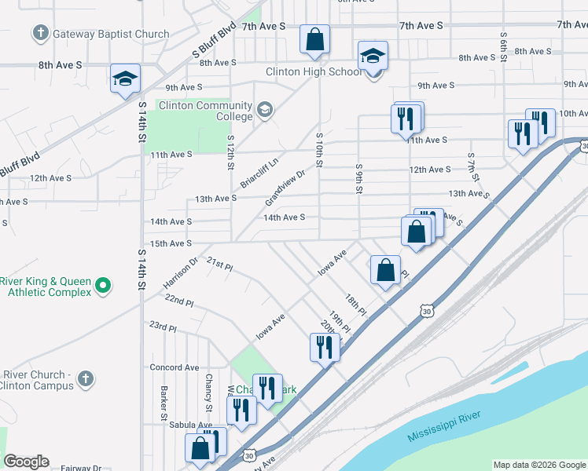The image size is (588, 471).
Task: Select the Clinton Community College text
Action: click(206, 111)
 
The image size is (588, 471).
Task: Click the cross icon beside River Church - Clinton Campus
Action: click(86, 380)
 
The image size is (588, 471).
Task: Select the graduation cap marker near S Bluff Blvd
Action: click(125, 78)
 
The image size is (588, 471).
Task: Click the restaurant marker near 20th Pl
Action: click(325, 347)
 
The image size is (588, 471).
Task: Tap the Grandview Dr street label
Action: click(289, 186)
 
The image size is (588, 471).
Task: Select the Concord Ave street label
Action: click(175, 367)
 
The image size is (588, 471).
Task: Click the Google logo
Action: click(26, 462)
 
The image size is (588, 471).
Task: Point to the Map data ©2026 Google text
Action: click(538, 465)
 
